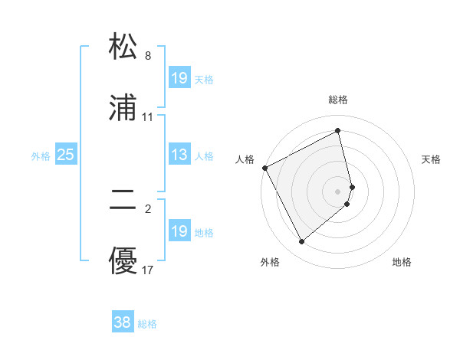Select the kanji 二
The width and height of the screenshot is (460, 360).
pos(123,201)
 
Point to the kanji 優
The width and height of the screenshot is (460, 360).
pos(123,262)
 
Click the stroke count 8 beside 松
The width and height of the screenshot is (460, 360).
pos(148,56)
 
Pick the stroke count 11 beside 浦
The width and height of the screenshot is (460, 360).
pos(148,117)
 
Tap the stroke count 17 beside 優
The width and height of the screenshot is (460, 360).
pos(148,270)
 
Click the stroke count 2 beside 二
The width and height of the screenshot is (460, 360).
pos(148,208)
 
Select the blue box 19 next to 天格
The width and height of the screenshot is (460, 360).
pos(179,78)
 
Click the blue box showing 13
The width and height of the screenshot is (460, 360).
pos(179,155)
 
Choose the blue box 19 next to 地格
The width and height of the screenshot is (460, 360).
pos(179,232)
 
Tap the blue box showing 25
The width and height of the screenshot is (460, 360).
pos(66,155)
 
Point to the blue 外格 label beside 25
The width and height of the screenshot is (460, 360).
pos(41,156)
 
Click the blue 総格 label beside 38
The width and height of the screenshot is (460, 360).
pos(147,324)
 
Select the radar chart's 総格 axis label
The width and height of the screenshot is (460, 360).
pos(338,100)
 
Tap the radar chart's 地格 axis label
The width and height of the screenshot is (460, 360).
pos(402,262)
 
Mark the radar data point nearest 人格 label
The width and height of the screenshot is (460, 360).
pos(264,168)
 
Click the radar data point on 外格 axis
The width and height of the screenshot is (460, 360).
pos(301,242)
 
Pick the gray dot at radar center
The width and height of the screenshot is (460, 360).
pos(338,191)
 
